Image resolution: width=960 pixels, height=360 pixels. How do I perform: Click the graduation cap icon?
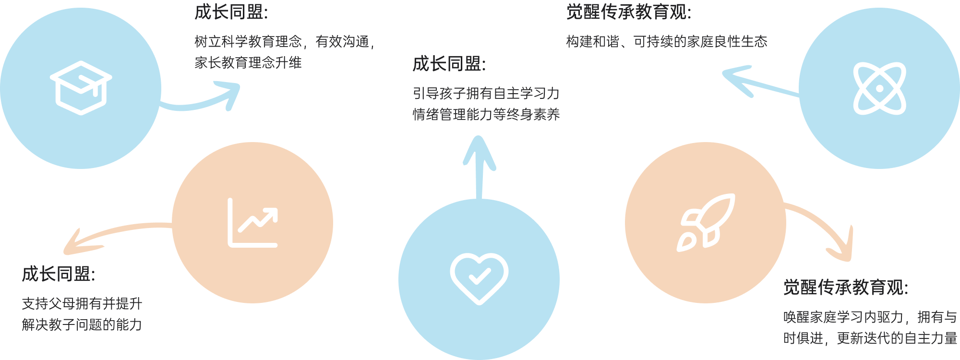coord(81,88)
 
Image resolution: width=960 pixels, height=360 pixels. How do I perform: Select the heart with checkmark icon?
coord(479,278)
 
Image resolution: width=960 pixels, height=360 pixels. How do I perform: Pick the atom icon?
coord(879,88)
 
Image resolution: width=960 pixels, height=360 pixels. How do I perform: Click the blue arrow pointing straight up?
coord(479,168)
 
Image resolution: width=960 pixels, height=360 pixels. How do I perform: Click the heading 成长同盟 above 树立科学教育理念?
coord(231,12)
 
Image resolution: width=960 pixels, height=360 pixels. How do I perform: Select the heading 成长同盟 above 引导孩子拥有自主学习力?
coord(449,63)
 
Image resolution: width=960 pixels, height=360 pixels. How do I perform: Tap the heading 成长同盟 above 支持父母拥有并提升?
coord(58,274)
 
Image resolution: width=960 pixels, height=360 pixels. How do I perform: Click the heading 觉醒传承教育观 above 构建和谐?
coord(629,12)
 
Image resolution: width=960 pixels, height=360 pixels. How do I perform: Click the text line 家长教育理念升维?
coord(248,63)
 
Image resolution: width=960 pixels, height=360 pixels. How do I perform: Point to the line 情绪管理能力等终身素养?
coord(486,114)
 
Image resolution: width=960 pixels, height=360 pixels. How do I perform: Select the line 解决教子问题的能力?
coord(82,324)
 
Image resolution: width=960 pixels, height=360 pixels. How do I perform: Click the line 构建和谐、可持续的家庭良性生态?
coord(667,42)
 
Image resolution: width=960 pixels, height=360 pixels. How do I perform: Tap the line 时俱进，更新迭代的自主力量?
coord(870,338)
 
